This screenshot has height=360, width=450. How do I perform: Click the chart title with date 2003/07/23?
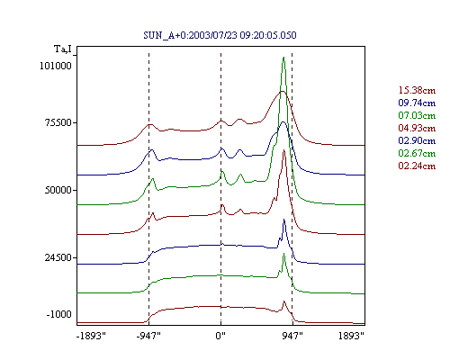pyautogui.click(x=220, y=35)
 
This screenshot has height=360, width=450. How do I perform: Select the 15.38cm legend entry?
pyautogui.click(x=417, y=90)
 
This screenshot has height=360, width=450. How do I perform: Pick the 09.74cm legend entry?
pyautogui.click(x=417, y=103)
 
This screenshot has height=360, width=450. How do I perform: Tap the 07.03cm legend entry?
pyautogui.click(x=417, y=115)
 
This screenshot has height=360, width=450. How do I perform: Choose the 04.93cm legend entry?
pyautogui.click(x=417, y=128)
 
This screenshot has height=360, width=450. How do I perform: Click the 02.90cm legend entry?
pyautogui.click(x=417, y=140)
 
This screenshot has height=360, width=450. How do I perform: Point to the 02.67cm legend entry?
pyautogui.click(x=417, y=153)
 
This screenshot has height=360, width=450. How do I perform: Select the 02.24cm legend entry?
pyautogui.click(x=417, y=166)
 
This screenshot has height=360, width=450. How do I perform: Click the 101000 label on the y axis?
pyautogui.click(x=56, y=66)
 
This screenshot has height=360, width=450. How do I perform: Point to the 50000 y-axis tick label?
pyautogui.click(x=58, y=190)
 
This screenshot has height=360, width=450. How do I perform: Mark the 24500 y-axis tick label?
pyautogui.click(x=58, y=257)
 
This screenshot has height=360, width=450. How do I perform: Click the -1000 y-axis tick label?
pyautogui.click(x=58, y=314)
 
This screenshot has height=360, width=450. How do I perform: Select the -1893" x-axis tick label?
pyautogui.click(x=91, y=336)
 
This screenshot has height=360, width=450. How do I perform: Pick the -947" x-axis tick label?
pyautogui.click(x=148, y=336)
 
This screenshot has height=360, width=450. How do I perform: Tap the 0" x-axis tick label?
pyautogui.click(x=220, y=336)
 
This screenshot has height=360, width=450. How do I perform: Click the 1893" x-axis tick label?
pyautogui.click(x=351, y=336)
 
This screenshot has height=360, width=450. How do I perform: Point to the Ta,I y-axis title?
pyautogui.click(x=63, y=49)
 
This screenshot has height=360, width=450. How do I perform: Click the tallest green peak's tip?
pyautogui.click(x=283, y=57)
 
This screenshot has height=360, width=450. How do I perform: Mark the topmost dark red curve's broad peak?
pyautogui.click(x=282, y=91)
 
